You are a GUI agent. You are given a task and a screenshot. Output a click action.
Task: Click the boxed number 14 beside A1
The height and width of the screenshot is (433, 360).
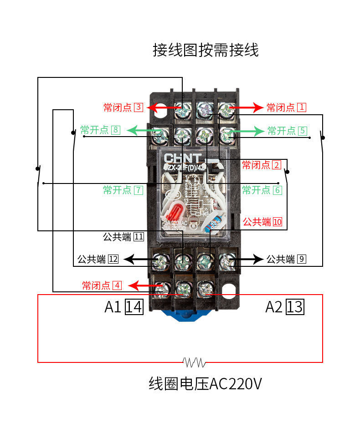pos(134,307)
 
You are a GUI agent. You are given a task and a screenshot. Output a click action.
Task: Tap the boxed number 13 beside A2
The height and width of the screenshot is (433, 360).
pos(294,307)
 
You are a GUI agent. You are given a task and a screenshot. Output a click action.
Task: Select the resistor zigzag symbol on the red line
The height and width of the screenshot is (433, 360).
pos(195,362)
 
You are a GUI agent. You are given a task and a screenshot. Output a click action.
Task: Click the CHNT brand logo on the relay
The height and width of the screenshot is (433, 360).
pos(182,158)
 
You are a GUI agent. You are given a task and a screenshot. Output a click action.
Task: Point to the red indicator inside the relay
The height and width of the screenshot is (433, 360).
pos(176,213)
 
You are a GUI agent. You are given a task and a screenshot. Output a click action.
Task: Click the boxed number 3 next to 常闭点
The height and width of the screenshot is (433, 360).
pos(139,107)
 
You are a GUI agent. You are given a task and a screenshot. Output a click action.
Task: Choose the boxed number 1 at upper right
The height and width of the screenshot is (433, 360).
pos(302,107)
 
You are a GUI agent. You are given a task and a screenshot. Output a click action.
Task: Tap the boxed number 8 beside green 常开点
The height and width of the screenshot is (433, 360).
pos(115,130)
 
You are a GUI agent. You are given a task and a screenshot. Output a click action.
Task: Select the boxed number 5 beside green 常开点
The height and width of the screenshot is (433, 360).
pos(303,131)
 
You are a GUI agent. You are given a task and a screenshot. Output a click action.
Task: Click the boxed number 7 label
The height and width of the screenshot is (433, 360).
pos(138,190)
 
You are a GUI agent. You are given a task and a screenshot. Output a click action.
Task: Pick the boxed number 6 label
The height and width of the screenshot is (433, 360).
pos(278,190)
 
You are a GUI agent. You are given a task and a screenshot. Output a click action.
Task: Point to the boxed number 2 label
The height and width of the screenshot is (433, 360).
pos(277,165)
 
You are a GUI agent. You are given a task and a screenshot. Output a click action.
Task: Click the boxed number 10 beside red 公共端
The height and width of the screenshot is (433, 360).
pos(277,222)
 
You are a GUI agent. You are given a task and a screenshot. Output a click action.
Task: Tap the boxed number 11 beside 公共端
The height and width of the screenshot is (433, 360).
pos(138,237)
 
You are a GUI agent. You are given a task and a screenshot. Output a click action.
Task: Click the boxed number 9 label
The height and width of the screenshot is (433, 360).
pos(301,259)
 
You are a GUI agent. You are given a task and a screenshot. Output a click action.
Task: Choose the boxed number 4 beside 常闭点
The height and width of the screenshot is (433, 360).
pos(117,285)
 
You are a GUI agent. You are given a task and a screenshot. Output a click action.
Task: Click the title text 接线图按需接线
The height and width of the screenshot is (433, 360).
pos(206,50)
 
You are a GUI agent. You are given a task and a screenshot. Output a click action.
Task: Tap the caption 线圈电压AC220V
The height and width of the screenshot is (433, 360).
pos(205,384)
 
